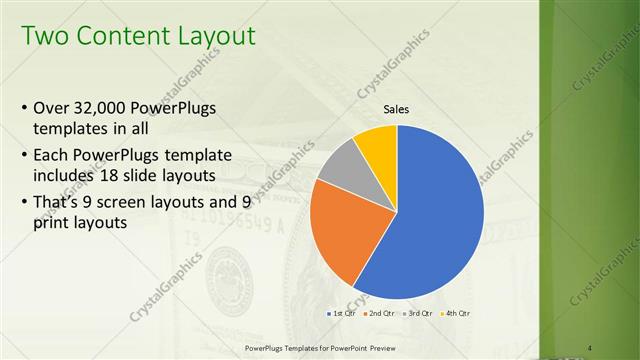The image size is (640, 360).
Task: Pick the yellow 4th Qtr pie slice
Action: tap(377, 142)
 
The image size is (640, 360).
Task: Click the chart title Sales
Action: tap(397, 110)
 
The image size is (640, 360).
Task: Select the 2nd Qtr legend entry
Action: tap(378, 313)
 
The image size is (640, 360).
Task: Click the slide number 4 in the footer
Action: tap(597, 347)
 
